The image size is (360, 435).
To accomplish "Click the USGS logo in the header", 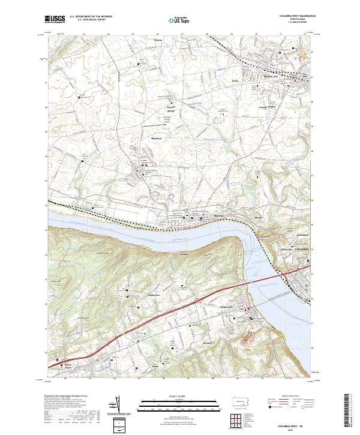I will click(56, 20).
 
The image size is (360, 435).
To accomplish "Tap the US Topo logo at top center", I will click(179, 20).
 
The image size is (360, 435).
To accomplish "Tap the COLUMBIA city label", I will click(300, 248).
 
